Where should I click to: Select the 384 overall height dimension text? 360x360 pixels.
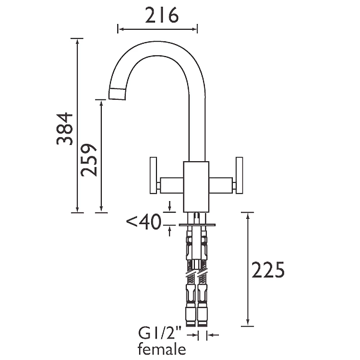click(x=65, y=128)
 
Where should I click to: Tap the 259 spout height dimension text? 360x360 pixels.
click(x=89, y=159)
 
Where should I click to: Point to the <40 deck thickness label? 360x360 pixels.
click(x=144, y=222)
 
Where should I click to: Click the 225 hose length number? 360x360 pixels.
click(x=268, y=270)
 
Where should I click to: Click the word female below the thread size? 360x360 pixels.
click(x=161, y=349)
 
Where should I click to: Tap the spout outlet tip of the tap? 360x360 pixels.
click(x=118, y=94)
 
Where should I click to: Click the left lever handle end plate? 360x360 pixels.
click(x=154, y=175)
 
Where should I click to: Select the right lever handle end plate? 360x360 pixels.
click(x=239, y=175)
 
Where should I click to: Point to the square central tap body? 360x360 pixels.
click(x=196, y=186)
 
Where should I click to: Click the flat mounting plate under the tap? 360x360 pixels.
click(x=197, y=225)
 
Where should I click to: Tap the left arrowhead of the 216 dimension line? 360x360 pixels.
click(x=120, y=29)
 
